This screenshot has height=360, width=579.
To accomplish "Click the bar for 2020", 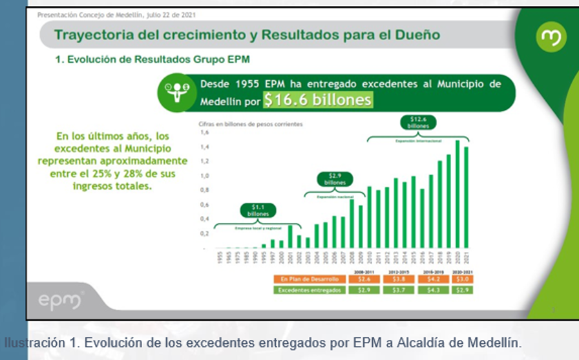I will click(457, 195).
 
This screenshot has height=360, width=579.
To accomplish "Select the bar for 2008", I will click(352, 224).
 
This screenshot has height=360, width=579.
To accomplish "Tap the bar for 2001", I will click(290, 237).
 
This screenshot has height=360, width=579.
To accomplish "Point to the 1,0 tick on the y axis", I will click(205, 176).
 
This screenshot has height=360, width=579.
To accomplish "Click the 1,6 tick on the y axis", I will click(205, 132).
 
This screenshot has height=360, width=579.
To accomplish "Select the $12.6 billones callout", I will click(419, 122).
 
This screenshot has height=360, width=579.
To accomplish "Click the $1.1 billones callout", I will click(258, 209).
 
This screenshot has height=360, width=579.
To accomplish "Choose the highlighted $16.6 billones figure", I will click(318, 100).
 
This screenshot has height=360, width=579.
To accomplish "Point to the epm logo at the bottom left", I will click(60, 301).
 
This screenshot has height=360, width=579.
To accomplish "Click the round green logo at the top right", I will click(551, 36).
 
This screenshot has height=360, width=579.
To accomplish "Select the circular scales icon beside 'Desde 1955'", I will click(177, 92).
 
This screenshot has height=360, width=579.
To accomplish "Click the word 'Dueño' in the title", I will click(417, 34).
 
